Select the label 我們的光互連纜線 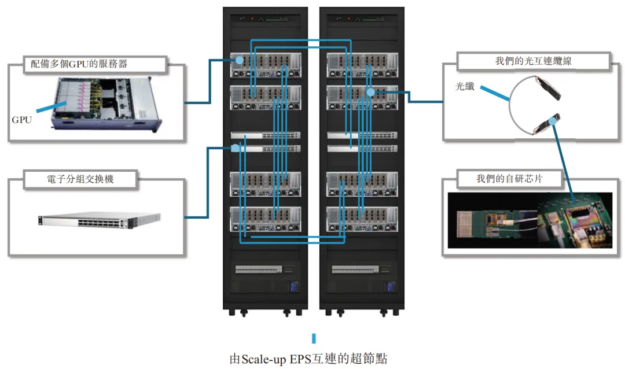[x=533, y=61]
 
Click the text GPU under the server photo [x=22, y=120]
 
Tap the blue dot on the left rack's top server [x=238, y=59]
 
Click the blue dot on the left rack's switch [x=235, y=148]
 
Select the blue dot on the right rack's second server [x=370, y=92]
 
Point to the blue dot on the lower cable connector [x=554, y=120]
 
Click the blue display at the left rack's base [x=292, y=287]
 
